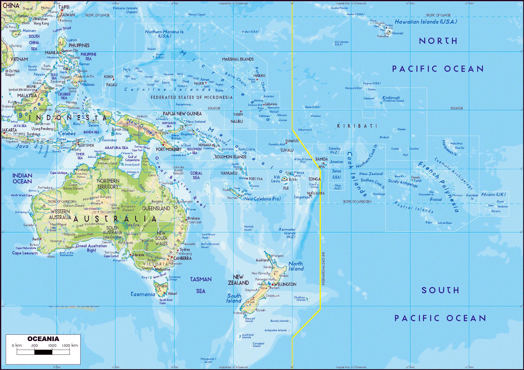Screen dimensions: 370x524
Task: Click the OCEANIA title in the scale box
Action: pos(43,339)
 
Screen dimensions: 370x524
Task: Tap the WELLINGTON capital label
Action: pos(285,284)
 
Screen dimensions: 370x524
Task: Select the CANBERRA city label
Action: pos(183,258)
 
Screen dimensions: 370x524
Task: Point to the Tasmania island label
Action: pos(143,294)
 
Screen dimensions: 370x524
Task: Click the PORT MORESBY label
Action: pos(169,149)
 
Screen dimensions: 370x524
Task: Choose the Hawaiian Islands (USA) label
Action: pos(426,22)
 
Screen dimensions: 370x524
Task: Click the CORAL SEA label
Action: pos(196,175)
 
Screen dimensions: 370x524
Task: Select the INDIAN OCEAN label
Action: pos(22,178)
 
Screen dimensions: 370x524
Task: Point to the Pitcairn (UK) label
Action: pos(493,195)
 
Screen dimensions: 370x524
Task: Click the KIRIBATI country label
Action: pos(357,126)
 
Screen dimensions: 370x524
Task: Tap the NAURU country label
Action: pos(237,121)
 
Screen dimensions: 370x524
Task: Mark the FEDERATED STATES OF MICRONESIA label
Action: pos(192,98)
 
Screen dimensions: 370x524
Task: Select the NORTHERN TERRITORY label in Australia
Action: pos(108,184)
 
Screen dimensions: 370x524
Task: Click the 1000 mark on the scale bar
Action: pos(52,346)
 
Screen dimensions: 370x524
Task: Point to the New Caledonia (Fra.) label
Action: pos(262,199)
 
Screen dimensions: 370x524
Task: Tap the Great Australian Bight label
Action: pos(91,248)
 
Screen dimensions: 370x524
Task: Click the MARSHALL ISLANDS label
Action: pos(238,59)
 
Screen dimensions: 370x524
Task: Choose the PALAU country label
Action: pos(111,85)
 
